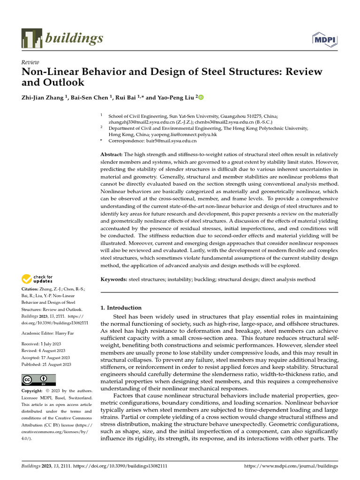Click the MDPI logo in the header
(x=325, y=39)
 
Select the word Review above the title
(x=30, y=62)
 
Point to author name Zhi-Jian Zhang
(x=43, y=97)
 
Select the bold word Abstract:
(x=112, y=154)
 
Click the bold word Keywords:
(x=114, y=279)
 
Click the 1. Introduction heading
(x=121, y=308)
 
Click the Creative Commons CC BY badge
(x=38, y=379)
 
